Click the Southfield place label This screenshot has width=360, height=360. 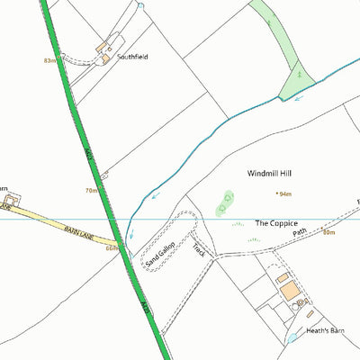pos(132,57)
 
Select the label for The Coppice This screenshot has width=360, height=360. pos(275,222)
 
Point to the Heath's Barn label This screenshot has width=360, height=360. pos(326,331)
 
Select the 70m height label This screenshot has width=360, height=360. pos(91,191)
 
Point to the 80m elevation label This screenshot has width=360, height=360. pos(328,233)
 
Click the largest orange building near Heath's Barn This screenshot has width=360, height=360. pos(290,292)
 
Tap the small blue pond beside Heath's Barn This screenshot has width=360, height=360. pos(292,338)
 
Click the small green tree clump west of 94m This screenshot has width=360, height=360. pos(225,202)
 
